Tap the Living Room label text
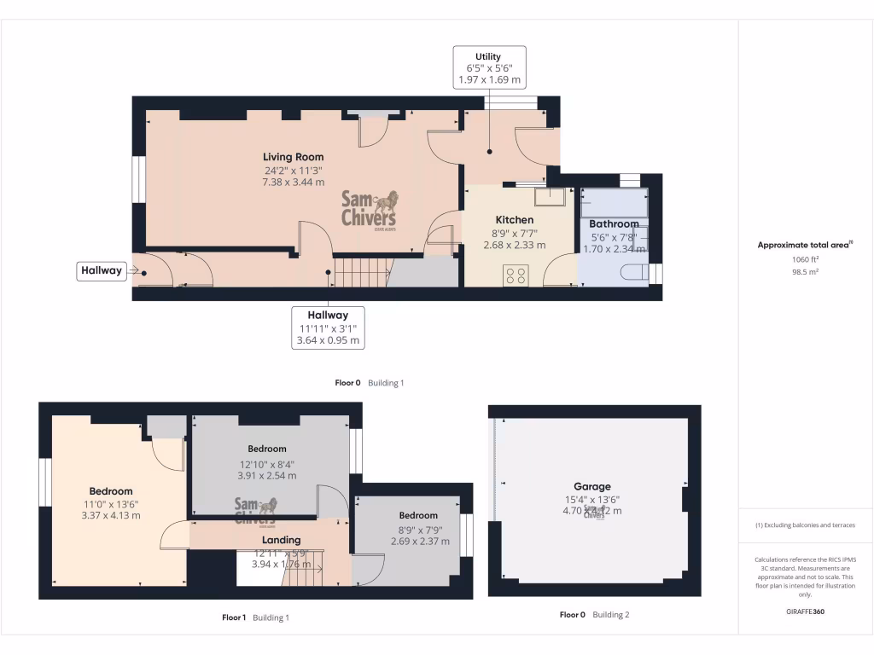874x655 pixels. [x=293, y=157]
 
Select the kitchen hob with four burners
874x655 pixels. [x=516, y=275]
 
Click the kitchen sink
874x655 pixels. [x=550, y=197]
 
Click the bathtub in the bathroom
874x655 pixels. [x=614, y=203]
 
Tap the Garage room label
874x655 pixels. [x=591, y=487]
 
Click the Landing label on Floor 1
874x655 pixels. [x=281, y=540]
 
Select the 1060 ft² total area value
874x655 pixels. [x=806, y=260]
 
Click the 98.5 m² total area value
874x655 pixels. [x=806, y=272]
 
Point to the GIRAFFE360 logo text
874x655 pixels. [x=806, y=612]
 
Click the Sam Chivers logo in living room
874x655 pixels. [x=369, y=209]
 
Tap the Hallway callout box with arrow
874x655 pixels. [x=102, y=271]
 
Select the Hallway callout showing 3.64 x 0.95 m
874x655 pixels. [x=328, y=327]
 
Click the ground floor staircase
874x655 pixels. [x=361, y=273]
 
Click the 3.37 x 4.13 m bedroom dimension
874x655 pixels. [x=111, y=515]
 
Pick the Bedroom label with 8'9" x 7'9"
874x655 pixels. [x=418, y=515]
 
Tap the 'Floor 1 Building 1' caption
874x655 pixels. [x=255, y=617]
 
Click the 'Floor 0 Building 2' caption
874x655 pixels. [x=594, y=614]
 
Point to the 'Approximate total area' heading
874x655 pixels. [x=806, y=245]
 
